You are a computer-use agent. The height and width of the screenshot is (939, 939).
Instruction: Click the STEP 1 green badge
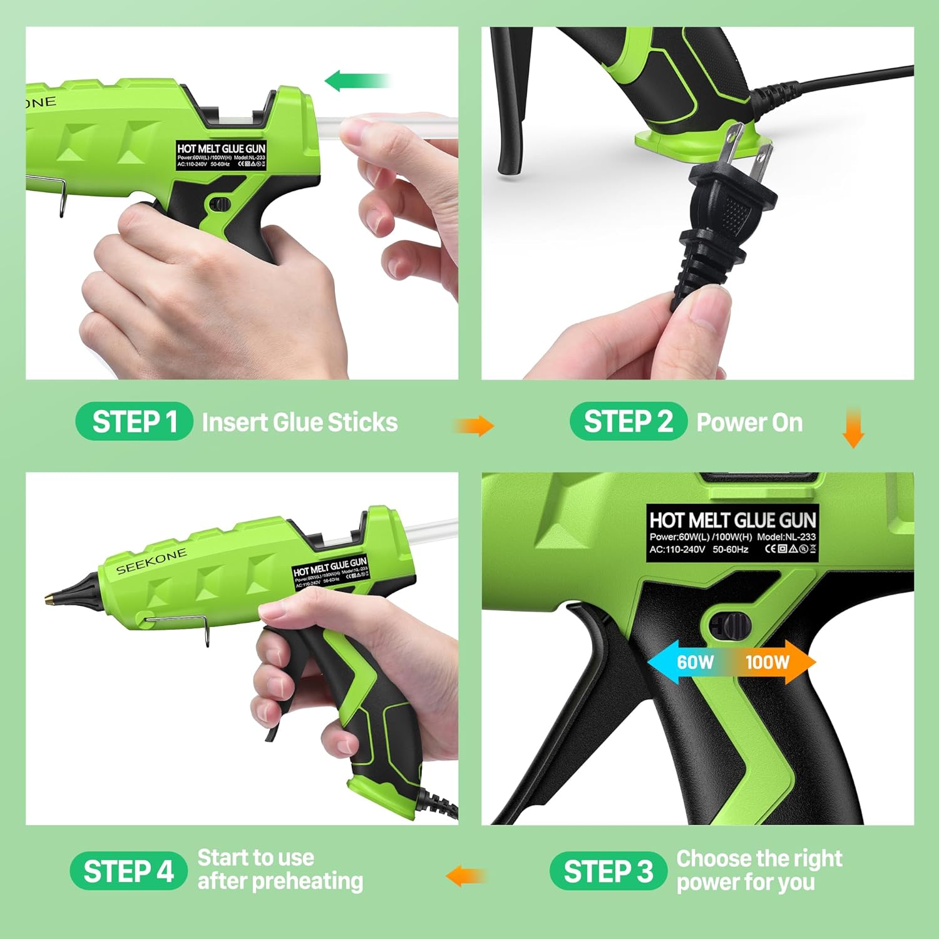[x=133, y=421]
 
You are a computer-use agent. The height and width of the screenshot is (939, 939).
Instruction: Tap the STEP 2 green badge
[x=628, y=421]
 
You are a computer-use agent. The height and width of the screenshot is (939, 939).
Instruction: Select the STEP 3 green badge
[x=607, y=871]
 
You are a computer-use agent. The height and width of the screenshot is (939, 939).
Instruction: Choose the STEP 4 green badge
[x=128, y=871]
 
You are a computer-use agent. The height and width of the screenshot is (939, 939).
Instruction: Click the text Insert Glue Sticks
[x=299, y=423]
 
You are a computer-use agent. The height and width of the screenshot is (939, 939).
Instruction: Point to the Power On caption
[x=749, y=423]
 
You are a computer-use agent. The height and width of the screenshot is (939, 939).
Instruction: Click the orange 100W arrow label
[x=773, y=662]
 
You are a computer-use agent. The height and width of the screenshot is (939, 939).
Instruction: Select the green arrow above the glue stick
[x=357, y=81]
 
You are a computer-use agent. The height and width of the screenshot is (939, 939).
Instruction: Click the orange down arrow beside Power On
[x=853, y=428]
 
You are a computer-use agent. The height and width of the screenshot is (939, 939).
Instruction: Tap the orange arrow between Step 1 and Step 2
[x=474, y=426]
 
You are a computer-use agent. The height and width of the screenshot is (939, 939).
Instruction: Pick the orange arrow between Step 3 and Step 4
[x=464, y=875]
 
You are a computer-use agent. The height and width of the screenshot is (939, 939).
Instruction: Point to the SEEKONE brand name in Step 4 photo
[x=151, y=561]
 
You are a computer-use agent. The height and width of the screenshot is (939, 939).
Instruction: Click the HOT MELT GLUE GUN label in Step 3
[x=732, y=532]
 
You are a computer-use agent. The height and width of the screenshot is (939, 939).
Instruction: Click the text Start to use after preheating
[x=280, y=870]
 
